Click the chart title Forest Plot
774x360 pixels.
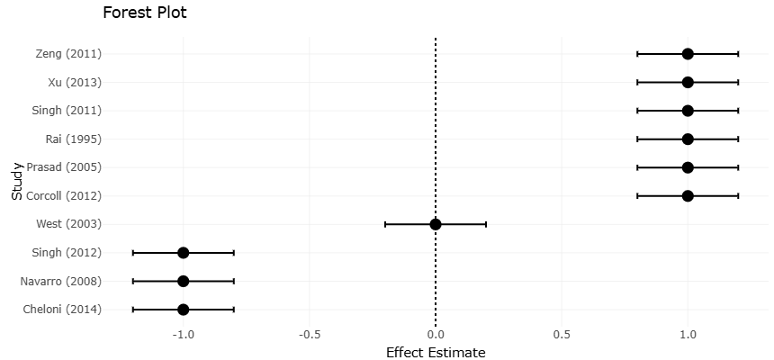tap(145, 13)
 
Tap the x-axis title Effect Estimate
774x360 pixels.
tap(436, 352)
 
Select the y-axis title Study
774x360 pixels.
tap(17, 181)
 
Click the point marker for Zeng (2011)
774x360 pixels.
tap(688, 54)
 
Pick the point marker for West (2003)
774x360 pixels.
tap(436, 224)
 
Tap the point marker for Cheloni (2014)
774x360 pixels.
tap(184, 310)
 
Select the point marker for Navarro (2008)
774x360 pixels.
tap(184, 281)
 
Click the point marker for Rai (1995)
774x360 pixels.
tap(688, 139)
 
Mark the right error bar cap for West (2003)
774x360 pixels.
tap(486, 224)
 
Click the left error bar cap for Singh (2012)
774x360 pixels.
tap(133, 253)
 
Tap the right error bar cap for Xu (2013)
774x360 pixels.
tap(738, 83)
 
